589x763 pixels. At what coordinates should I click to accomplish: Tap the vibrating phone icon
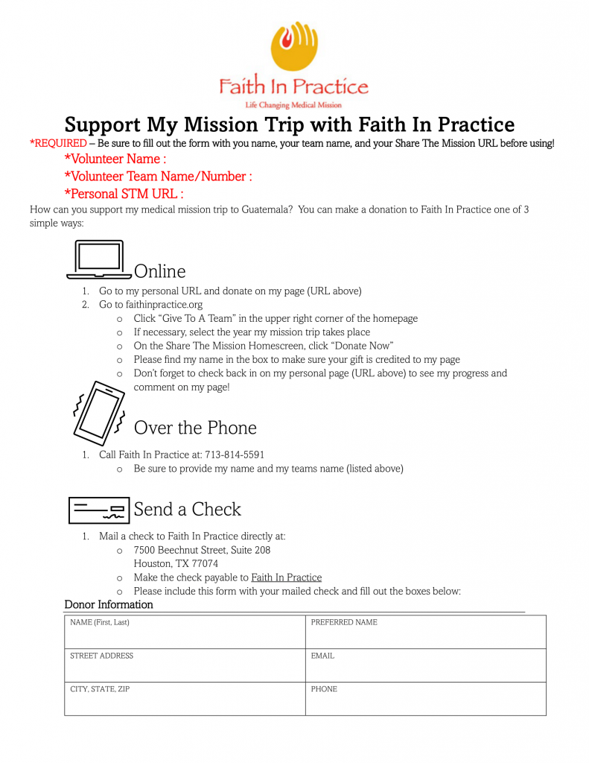(x=98, y=414)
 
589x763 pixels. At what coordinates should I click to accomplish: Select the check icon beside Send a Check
(x=99, y=509)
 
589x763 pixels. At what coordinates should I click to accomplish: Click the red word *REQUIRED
(x=58, y=143)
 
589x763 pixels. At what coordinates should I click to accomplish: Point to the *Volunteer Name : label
(x=115, y=159)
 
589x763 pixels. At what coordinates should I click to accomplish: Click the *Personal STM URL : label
(x=124, y=194)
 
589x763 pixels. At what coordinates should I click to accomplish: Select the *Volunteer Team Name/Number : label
(x=158, y=177)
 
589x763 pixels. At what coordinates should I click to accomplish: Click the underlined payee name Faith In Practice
(x=286, y=577)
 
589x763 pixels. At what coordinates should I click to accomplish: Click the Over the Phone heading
(x=195, y=428)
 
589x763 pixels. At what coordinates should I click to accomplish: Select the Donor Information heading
(x=109, y=604)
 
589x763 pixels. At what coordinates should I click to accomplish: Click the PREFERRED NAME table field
(x=425, y=632)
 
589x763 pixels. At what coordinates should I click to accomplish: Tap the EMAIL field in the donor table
(x=425, y=665)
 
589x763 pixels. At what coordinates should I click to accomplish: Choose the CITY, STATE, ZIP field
(x=185, y=699)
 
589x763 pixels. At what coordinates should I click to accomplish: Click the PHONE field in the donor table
(x=425, y=699)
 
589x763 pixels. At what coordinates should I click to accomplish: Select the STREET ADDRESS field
(x=185, y=665)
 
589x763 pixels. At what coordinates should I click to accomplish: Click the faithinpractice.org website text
(x=164, y=305)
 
